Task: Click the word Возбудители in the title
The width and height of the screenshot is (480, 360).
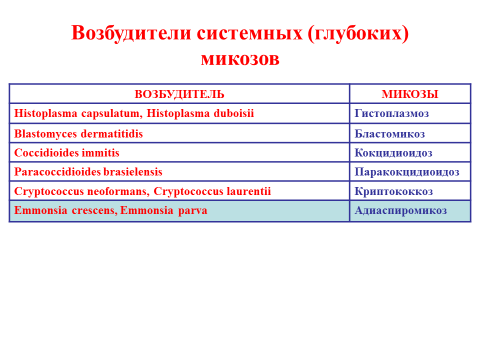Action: pos(131,33)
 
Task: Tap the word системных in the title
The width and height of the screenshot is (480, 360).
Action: pos(249,33)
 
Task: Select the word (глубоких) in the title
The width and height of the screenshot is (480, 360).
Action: pos(358,33)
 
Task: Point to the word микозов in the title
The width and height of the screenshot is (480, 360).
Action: pos(240,59)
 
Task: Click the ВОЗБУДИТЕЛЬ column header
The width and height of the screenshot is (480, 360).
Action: pos(179,94)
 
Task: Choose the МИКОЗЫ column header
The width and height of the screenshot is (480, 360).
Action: pos(410,94)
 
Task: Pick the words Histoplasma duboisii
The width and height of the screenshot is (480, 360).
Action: pos(200,113)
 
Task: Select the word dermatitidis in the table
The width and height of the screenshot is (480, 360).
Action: pos(112,134)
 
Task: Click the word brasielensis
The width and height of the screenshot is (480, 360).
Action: pos(133,172)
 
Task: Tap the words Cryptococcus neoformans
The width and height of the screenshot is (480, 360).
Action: pos(82,191)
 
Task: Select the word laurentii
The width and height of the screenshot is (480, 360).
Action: pos(249,191)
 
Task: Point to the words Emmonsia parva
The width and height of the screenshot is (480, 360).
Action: pos(164,210)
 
